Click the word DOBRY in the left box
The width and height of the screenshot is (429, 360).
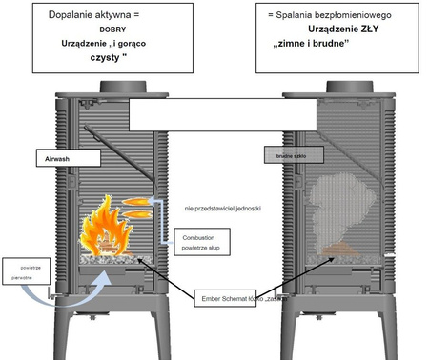pyautogui.click(x=112, y=30)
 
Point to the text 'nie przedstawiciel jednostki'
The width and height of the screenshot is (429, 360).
pyautogui.click(x=223, y=206)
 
